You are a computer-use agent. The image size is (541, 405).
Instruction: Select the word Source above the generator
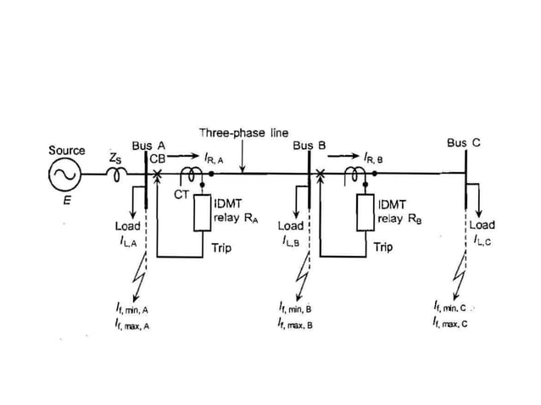click(66, 151)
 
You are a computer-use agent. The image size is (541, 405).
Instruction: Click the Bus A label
click(148, 146)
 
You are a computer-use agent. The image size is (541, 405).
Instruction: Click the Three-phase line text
click(243, 133)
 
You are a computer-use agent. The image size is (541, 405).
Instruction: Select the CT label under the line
click(181, 195)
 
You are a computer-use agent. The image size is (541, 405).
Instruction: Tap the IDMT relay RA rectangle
click(202, 213)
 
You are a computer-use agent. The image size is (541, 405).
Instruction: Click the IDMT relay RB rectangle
click(366, 213)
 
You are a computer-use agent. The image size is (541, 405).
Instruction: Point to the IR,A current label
click(215, 158)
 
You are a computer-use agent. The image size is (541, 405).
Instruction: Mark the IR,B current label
click(373, 158)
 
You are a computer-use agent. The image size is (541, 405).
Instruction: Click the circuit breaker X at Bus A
click(157, 175)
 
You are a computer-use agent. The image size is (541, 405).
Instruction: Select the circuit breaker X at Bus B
click(320, 175)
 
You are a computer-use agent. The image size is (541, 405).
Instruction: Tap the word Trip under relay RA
click(220, 249)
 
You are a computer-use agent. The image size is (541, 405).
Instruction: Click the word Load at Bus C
click(482, 225)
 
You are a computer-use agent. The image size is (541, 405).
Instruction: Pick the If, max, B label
click(295, 324)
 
